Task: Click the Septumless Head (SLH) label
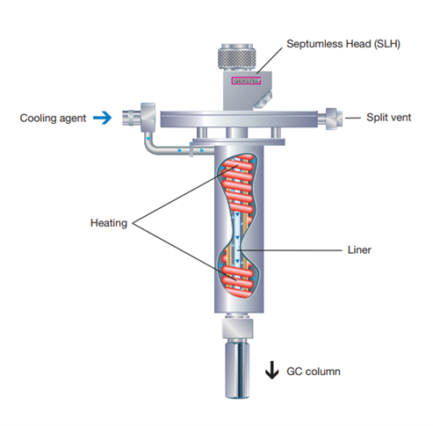[x=343, y=44]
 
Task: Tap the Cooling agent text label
[x=53, y=119]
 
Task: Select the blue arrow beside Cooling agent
[x=103, y=118]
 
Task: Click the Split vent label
[x=388, y=118]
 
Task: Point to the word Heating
[x=109, y=223]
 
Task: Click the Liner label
[x=359, y=250]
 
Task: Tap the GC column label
[x=314, y=372]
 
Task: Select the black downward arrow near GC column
[x=272, y=370]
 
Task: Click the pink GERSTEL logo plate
[x=246, y=81]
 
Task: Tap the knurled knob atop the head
[x=237, y=58]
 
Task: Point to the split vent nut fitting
[x=334, y=117]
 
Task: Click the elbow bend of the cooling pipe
[x=149, y=146]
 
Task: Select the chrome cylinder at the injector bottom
[x=237, y=369]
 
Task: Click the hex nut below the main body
[x=237, y=328]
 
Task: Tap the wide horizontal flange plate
[x=239, y=119]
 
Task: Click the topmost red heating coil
[x=239, y=160]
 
